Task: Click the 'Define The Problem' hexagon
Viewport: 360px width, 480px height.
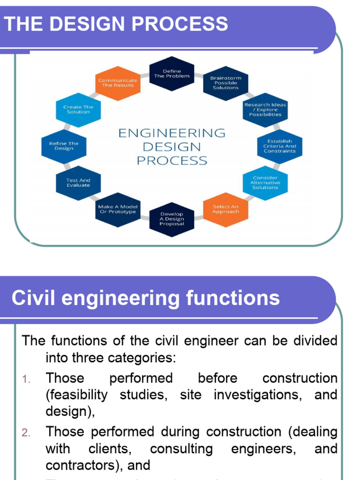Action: (x=172, y=74)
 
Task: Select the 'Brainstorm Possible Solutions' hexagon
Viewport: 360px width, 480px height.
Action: (x=225, y=83)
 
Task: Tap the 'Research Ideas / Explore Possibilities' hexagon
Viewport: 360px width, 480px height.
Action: (x=265, y=110)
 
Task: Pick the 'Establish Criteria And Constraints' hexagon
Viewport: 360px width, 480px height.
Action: (x=280, y=146)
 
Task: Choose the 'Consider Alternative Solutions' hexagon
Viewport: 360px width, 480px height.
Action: (x=265, y=183)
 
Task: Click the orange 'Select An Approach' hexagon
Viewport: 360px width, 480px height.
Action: (x=225, y=209)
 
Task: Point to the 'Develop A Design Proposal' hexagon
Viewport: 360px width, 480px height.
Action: (x=172, y=219)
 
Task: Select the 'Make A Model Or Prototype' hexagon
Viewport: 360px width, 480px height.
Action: (x=117, y=209)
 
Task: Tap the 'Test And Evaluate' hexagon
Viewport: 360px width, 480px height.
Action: (x=78, y=183)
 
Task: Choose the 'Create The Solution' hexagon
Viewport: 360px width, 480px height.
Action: (x=78, y=110)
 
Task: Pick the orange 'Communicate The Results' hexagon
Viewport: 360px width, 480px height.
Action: (x=118, y=83)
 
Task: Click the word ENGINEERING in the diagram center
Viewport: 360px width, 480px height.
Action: (x=172, y=134)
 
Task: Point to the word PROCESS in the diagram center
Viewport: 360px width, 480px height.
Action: (x=172, y=161)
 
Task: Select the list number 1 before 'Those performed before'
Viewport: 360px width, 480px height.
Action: (x=27, y=379)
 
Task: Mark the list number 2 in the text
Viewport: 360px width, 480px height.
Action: (x=26, y=432)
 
